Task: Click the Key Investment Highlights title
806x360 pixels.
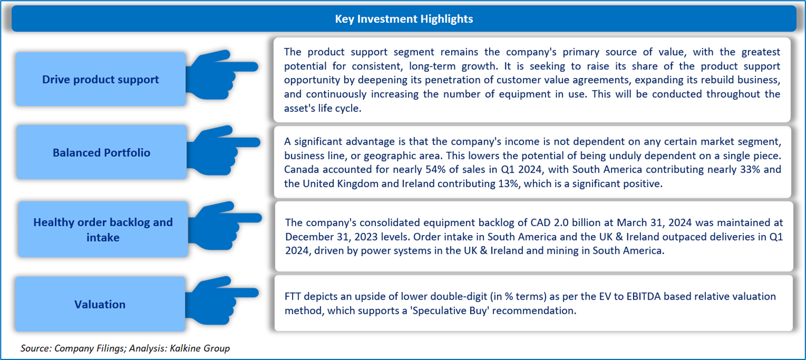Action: pos(404,19)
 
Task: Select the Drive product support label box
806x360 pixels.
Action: pos(100,79)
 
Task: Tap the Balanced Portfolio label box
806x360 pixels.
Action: pos(101,152)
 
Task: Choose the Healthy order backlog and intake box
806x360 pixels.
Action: pos(103,229)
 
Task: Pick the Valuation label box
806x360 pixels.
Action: pos(100,304)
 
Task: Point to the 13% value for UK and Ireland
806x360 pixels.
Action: pos(500,184)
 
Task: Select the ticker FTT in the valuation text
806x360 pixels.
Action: pos(294,296)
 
